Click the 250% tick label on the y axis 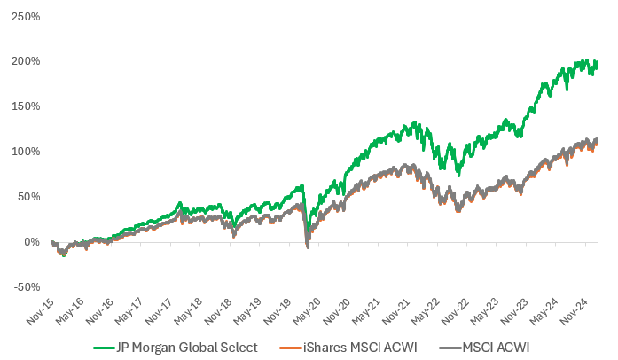point(23,16)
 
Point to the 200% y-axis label point(23,61)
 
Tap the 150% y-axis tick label point(23,106)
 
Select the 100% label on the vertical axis point(23,152)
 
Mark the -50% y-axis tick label point(24,286)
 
